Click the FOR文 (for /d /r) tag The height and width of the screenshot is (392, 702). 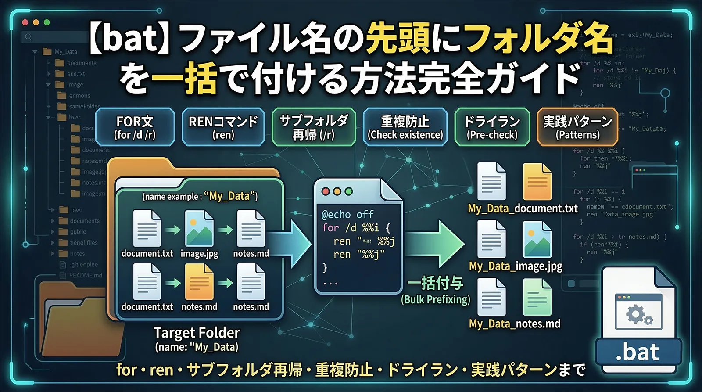(135, 127)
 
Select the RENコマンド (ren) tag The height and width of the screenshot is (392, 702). (223, 127)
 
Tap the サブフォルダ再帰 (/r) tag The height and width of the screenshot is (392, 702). (314, 127)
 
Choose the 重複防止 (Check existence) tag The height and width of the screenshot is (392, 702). (405, 127)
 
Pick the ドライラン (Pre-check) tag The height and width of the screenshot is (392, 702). (492, 127)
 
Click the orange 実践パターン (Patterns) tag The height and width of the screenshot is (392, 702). (577, 127)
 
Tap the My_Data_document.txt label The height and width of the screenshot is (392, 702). (523, 209)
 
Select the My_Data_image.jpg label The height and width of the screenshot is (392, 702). (516, 266)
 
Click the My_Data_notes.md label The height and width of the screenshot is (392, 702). (514, 324)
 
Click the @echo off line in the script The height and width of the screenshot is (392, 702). (347, 215)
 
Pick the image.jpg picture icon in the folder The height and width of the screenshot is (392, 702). (199, 228)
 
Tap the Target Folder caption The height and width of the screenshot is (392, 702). (197, 333)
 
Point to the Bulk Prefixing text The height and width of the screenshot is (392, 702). (435, 300)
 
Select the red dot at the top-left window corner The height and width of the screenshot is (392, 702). (25, 22)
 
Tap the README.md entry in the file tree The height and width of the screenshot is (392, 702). (85, 276)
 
